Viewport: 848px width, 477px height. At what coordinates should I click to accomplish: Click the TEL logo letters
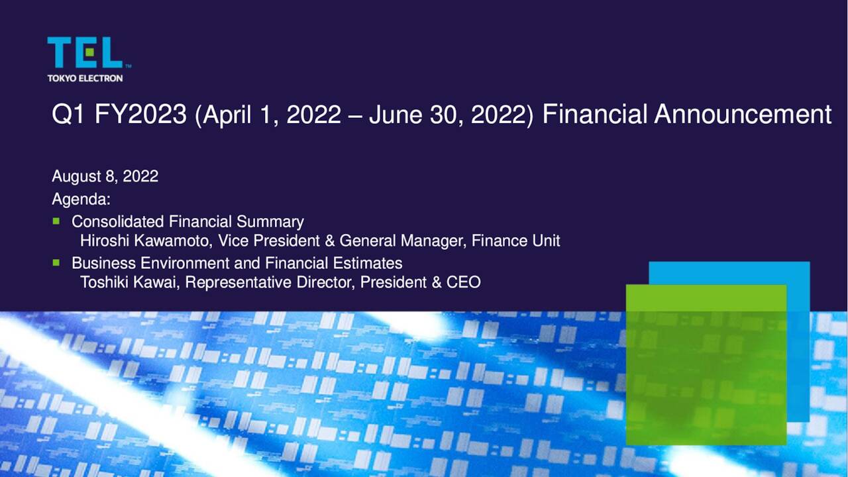[x=85, y=52]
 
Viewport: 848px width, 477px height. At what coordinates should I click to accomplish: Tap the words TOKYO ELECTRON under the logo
[x=85, y=78]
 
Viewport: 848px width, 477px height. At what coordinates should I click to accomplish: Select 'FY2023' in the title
[x=140, y=115]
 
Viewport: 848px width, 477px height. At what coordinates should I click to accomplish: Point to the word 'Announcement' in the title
[x=743, y=115]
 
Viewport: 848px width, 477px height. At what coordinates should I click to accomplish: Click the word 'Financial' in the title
[x=594, y=115]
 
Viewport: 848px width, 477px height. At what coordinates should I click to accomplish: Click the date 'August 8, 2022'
[x=105, y=176]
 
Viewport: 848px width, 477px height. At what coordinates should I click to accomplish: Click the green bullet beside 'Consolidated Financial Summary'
[x=56, y=221]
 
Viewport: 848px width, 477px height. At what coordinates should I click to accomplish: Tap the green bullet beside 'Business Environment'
[x=56, y=262]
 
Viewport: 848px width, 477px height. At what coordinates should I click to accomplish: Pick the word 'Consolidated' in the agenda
[x=118, y=221]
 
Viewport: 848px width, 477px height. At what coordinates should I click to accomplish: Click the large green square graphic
[x=706, y=364]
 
